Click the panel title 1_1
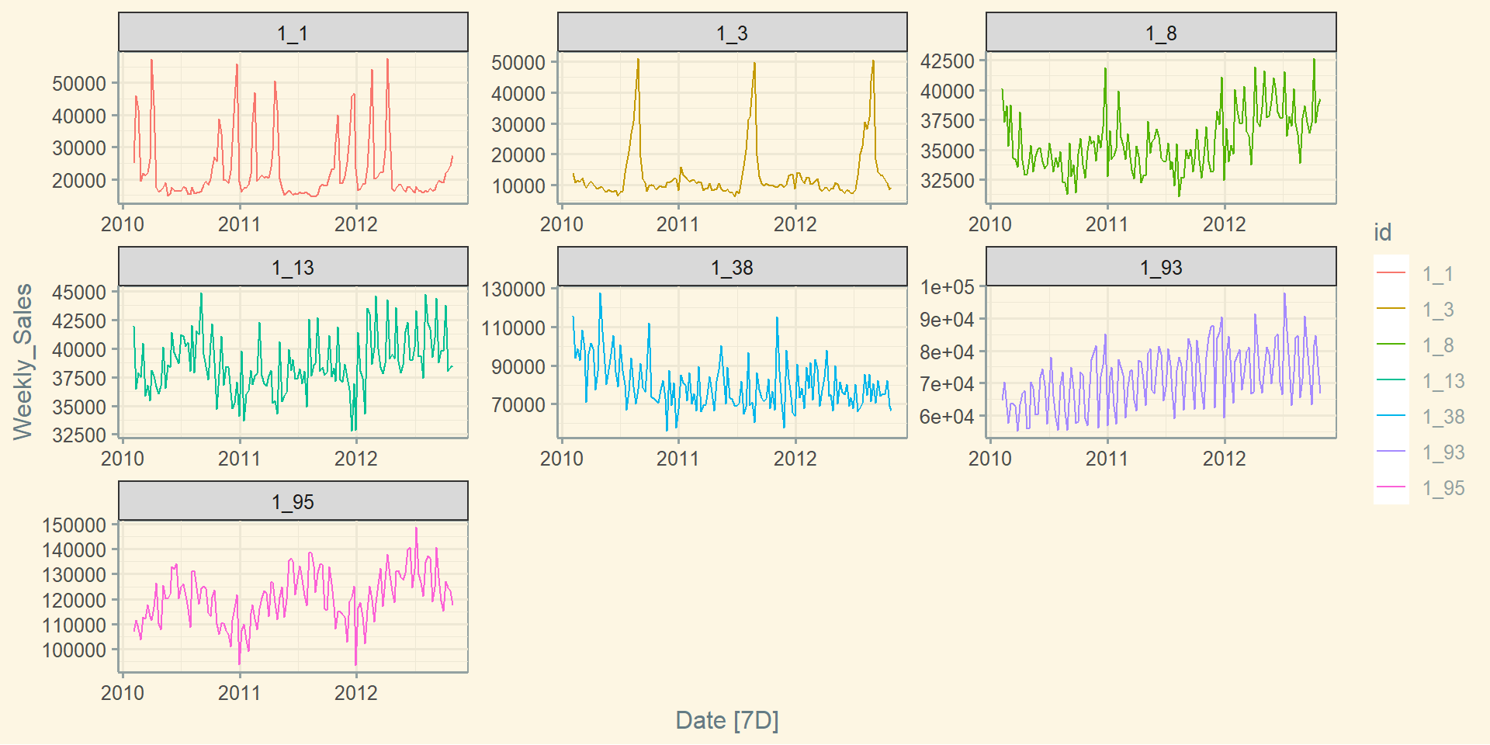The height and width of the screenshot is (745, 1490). click(x=293, y=33)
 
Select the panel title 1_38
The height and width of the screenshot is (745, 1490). click(x=732, y=268)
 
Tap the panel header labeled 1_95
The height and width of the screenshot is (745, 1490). click(x=293, y=502)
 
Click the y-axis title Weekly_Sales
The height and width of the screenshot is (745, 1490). click(x=23, y=362)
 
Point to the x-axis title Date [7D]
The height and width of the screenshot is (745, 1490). click(x=727, y=720)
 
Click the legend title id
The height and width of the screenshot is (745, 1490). click(x=1382, y=232)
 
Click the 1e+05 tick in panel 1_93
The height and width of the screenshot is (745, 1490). click(x=947, y=287)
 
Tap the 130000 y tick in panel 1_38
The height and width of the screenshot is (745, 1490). click(x=513, y=289)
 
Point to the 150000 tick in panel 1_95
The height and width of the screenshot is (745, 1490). click(x=74, y=525)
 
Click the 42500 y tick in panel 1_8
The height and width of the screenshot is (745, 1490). click(x=947, y=61)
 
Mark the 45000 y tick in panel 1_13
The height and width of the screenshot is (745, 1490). click(x=78, y=293)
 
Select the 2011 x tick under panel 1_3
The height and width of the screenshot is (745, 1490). click(x=677, y=224)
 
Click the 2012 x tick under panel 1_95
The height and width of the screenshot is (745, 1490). click(x=355, y=693)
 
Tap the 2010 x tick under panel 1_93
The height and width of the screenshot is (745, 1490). click(x=989, y=459)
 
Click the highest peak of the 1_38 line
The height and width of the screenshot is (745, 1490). click(x=600, y=294)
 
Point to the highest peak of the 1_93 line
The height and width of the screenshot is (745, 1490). click(x=1284, y=293)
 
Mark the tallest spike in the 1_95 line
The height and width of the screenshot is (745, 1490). click(x=416, y=528)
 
